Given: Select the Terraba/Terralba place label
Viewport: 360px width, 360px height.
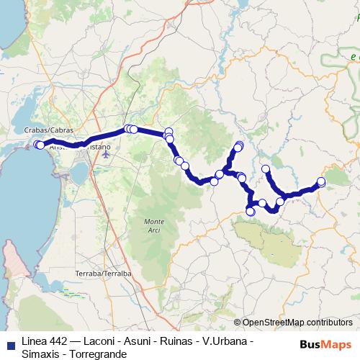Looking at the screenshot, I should pos(107,274).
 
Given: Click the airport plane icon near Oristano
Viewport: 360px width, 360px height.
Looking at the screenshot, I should pos(107,153).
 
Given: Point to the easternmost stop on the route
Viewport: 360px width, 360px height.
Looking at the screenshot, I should pos(321,181).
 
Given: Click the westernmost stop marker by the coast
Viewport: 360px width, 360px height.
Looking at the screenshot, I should pos(37,145).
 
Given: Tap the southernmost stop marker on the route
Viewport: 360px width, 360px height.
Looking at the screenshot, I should pos(251,211).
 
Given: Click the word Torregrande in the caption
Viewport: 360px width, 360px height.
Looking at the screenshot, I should pos(96,353).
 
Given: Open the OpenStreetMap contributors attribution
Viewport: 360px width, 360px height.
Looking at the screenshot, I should pos(297,323).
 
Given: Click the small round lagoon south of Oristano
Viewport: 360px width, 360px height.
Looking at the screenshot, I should pos(79,172).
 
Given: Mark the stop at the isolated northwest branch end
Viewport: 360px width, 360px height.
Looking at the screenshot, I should pos(266,169).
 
